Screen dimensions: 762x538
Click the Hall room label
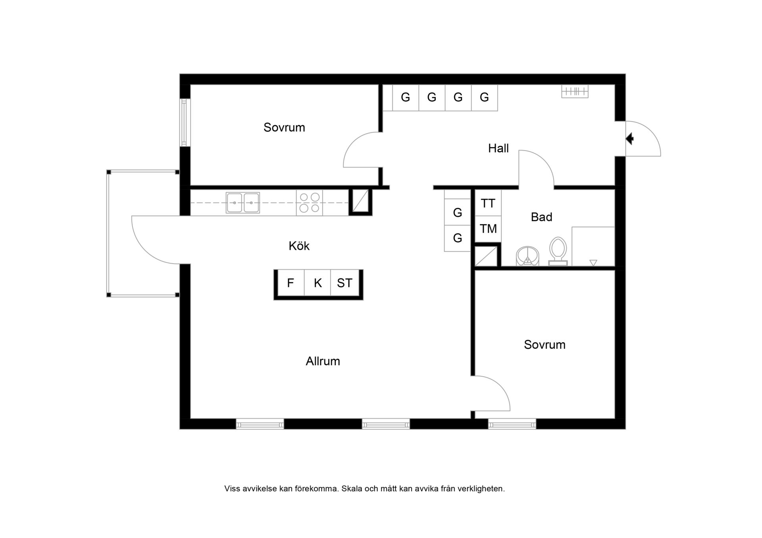coord(498,148)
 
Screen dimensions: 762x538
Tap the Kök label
coord(299,246)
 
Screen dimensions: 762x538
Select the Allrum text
coord(323,361)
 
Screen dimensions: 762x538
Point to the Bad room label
coord(541,217)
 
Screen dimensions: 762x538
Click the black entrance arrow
coord(630,139)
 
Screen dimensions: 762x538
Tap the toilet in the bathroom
coord(558,251)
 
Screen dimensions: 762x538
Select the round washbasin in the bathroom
coord(527,256)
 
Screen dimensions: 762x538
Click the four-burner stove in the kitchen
coord(309,203)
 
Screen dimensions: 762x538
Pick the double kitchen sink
coord(243,203)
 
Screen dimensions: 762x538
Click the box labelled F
coord(291,283)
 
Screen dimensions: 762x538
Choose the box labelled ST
coord(345,283)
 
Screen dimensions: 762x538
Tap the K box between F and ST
coord(317,283)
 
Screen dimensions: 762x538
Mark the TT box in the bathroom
coord(488,203)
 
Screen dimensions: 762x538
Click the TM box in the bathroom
coord(488,229)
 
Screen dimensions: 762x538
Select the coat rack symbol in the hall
coord(575,92)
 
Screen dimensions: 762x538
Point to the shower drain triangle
coord(593,262)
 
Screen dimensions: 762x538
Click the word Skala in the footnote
coord(352,489)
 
